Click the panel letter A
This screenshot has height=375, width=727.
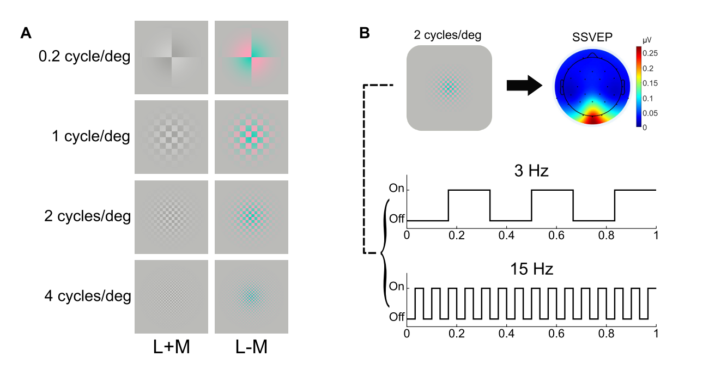tap(26, 33)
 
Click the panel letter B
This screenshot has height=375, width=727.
tap(365, 33)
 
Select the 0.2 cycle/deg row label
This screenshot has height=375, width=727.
tap(84, 57)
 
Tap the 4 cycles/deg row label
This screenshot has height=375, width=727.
tap(88, 296)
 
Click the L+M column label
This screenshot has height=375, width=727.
tap(171, 347)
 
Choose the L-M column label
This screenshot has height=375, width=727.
tap(251, 347)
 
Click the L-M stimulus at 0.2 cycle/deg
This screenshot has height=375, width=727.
tap(252, 57)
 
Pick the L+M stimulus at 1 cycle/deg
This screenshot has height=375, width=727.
tap(171, 137)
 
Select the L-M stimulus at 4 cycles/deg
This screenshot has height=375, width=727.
tap(252, 297)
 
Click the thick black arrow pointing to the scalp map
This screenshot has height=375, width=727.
tap(524, 86)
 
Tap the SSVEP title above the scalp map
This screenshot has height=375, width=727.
tap(592, 38)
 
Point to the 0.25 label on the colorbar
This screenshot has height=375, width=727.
tap(650, 53)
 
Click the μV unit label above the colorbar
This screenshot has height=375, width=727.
tap(647, 40)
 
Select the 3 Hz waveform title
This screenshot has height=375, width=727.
tap(531, 171)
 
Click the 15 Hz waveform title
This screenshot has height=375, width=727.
tap(531, 269)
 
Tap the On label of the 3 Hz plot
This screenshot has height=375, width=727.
tap(397, 188)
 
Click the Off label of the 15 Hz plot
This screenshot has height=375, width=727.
tap(397, 317)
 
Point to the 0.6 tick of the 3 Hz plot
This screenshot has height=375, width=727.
tap(556, 235)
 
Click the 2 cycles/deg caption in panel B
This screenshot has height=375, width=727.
tap(447, 35)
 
